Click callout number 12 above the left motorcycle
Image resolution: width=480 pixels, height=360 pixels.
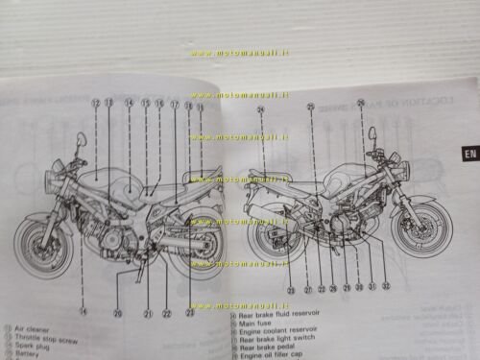pyautogui.click(x=95, y=102)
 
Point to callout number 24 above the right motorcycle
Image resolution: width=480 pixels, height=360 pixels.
pyautogui.click(x=260, y=109)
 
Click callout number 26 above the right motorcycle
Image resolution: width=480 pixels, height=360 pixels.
pyautogui.click(x=360, y=103)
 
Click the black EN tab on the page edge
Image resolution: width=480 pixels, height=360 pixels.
pyautogui.click(x=468, y=152)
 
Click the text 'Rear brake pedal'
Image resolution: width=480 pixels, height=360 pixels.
pyautogui.click(x=268, y=348)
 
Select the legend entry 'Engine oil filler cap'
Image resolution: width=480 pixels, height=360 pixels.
pyautogui.click(x=275, y=356)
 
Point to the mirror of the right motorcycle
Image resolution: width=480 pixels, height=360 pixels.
pyautogui.click(x=369, y=131)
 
